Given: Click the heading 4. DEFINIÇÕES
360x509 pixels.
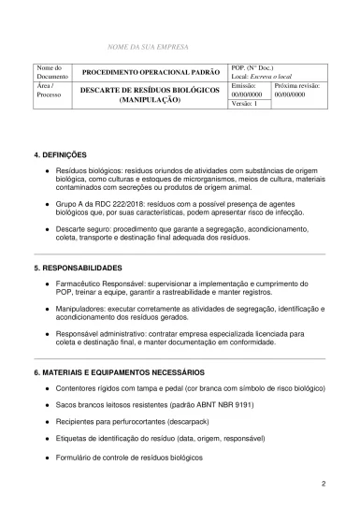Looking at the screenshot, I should tap(60, 153).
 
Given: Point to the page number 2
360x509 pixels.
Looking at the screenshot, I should tap(323, 484).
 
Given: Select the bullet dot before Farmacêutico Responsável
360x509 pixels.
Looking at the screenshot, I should tap(47, 284).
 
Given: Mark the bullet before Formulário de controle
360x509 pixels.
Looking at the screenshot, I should tap(47, 457).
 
